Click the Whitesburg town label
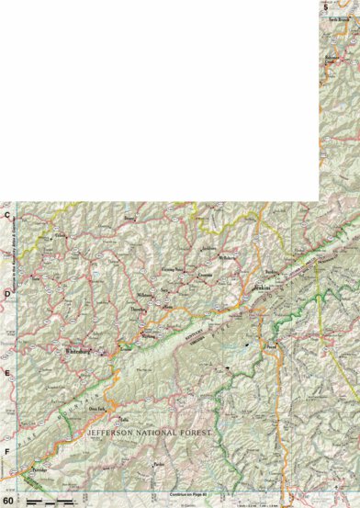[75, 351]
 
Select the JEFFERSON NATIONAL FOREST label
[147, 431]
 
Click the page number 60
[8, 501]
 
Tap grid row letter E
[6, 373]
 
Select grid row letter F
[6, 451]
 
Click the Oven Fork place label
[119, 408]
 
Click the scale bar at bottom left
[51, 501]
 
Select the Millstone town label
[143, 296]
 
